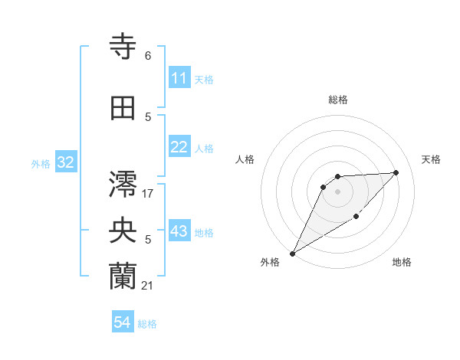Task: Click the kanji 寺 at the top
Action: pyautogui.click(x=123, y=47)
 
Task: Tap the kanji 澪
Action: pyautogui.click(x=123, y=184)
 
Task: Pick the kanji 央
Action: pyautogui.click(x=123, y=231)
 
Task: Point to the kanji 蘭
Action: pyautogui.click(x=123, y=277)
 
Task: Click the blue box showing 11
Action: pyautogui.click(x=179, y=78)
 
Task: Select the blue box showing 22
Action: pyautogui.click(x=179, y=148)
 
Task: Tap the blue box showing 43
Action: pyautogui.click(x=179, y=232)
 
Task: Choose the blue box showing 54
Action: pyautogui.click(x=123, y=323)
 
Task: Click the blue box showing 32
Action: pyautogui.click(x=65, y=162)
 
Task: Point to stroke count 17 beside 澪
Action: pyautogui.click(x=148, y=193)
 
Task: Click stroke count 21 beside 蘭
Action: pyautogui.click(x=148, y=285)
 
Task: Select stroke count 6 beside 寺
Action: pyautogui.click(x=148, y=55)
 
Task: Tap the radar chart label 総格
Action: pyautogui.click(x=338, y=100)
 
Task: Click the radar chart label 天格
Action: pyautogui.click(x=432, y=159)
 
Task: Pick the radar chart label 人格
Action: pyautogui.click(x=245, y=159)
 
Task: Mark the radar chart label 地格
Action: pyautogui.click(x=402, y=263)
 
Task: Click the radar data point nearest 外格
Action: pyautogui.click(x=292, y=254)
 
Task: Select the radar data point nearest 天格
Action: pyautogui.click(x=396, y=172)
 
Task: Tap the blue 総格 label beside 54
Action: pyautogui.click(x=147, y=324)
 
